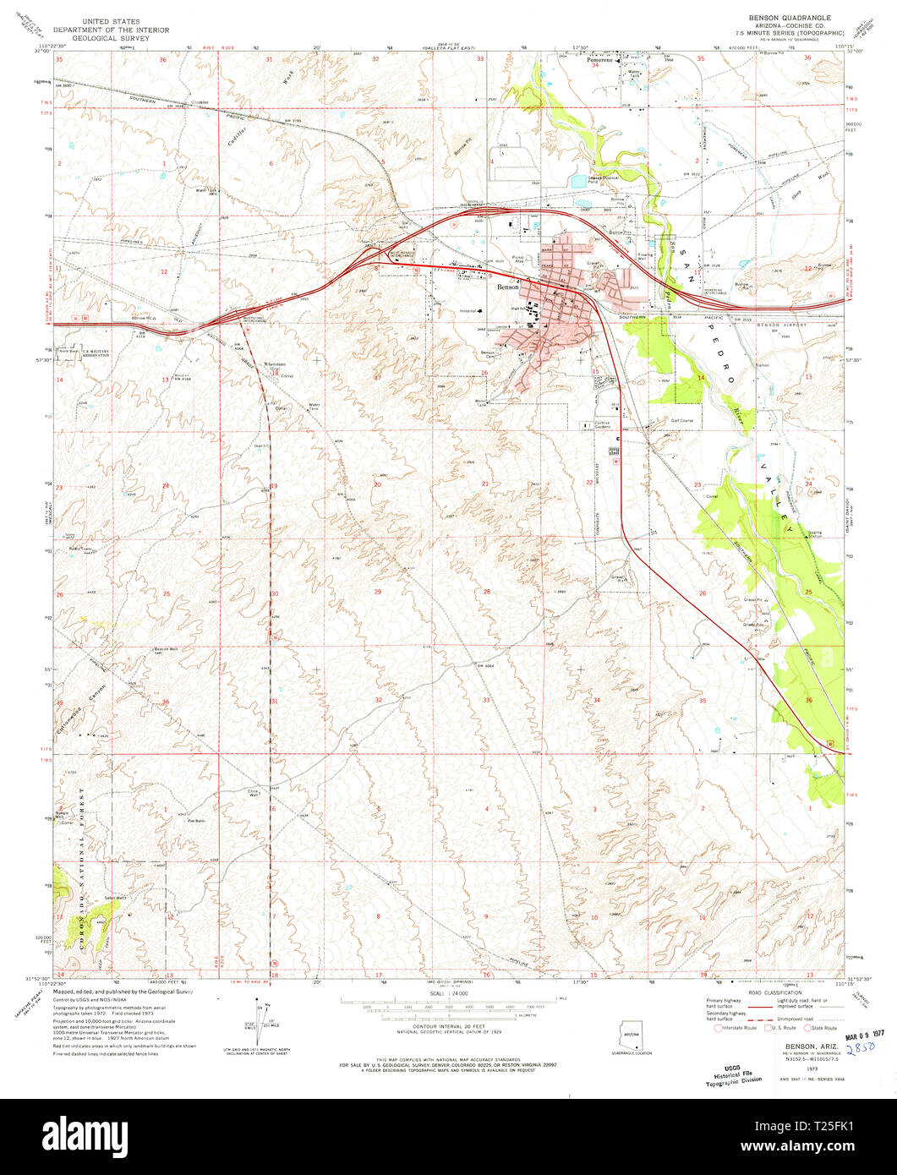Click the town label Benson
coord(508,287)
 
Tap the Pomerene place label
coord(599,62)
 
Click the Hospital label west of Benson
coord(469,309)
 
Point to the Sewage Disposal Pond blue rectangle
coord(578,181)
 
